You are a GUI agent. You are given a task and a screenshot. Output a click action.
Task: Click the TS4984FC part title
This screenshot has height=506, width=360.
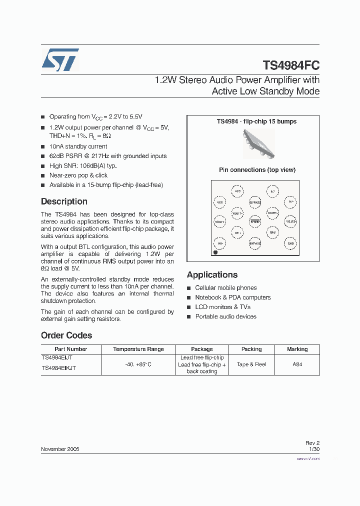point(291,65)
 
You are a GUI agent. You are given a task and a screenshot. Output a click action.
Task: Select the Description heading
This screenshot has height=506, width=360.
point(64,201)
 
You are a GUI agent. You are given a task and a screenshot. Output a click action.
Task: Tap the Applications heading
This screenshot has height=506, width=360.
point(212,274)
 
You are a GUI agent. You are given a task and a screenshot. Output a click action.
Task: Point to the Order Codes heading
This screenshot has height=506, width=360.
point(66,335)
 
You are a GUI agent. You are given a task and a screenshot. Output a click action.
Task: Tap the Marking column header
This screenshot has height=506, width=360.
point(297,349)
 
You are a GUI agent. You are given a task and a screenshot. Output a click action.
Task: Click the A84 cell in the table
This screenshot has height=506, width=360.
point(297,364)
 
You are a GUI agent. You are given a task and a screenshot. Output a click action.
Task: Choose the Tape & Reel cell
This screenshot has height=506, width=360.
point(251,364)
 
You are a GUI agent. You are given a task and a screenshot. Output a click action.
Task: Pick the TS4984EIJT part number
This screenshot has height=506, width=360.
point(57,358)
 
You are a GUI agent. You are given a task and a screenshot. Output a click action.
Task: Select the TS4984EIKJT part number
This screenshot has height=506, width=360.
point(59,368)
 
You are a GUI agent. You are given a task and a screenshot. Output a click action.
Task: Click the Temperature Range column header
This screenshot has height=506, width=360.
point(138,349)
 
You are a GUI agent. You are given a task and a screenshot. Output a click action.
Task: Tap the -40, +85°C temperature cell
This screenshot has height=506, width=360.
point(138,364)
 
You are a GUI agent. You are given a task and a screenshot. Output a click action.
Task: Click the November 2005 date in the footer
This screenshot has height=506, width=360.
point(60,449)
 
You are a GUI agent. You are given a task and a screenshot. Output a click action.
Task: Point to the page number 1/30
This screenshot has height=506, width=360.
point(314,449)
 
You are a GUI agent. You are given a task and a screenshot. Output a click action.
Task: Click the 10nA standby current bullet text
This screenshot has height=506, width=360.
point(78,146)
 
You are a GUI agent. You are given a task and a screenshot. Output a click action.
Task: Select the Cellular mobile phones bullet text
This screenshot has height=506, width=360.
point(225,288)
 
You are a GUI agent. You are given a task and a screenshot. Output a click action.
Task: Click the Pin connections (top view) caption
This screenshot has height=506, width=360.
point(257,170)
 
